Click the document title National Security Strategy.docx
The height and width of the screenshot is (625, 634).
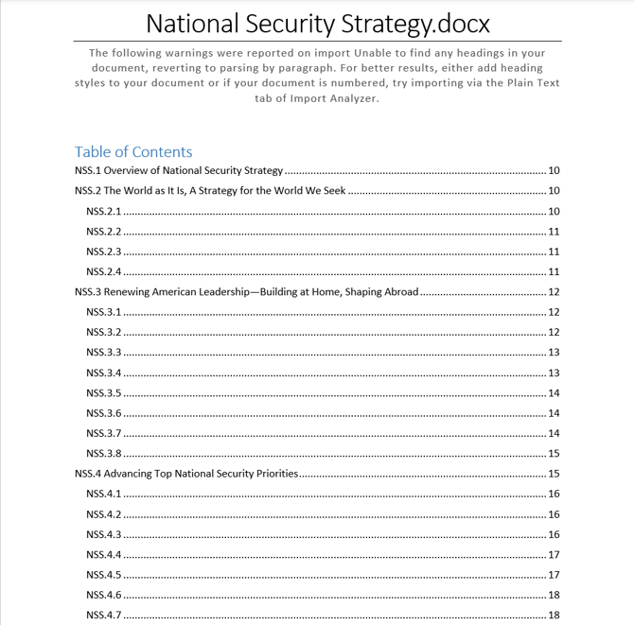pyautogui.click(x=317, y=22)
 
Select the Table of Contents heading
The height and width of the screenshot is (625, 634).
pyautogui.click(x=133, y=152)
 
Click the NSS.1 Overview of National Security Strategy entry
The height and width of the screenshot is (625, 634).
pyautogui.click(x=179, y=171)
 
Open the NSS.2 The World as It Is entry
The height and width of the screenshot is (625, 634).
pyautogui.click(x=210, y=191)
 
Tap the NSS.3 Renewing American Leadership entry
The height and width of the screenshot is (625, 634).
pyautogui.click(x=246, y=292)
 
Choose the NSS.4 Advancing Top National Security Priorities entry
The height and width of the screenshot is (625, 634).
pyautogui.click(x=186, y=474)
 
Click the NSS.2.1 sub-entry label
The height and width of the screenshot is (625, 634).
pyautogui.click(x=103, y=212)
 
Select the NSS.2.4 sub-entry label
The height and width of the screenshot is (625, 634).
pyautogui.click(x=103, y=272)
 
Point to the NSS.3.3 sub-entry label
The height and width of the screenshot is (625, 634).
pyautogui.click(x=103, y=353)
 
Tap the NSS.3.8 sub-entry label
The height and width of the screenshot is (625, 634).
pyautogui.click(x=103, y=454)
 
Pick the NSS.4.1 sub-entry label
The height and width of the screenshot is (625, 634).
pyautogui.click(x=103, y=495)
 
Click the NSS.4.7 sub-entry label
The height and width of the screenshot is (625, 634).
pyautogui.click(x=103, y=616)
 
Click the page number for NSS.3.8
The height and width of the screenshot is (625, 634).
pyautogui.click(x=554, y=454)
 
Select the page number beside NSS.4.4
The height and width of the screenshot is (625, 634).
pyautogui.click(x=554, y=555)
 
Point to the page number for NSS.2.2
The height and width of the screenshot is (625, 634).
pyautogui.click(x=554, y=232)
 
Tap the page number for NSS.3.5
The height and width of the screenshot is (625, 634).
pyautogui.click(x=554, y=393)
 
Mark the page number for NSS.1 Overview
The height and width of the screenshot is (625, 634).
pyautogui.click(x=554, y=171)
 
